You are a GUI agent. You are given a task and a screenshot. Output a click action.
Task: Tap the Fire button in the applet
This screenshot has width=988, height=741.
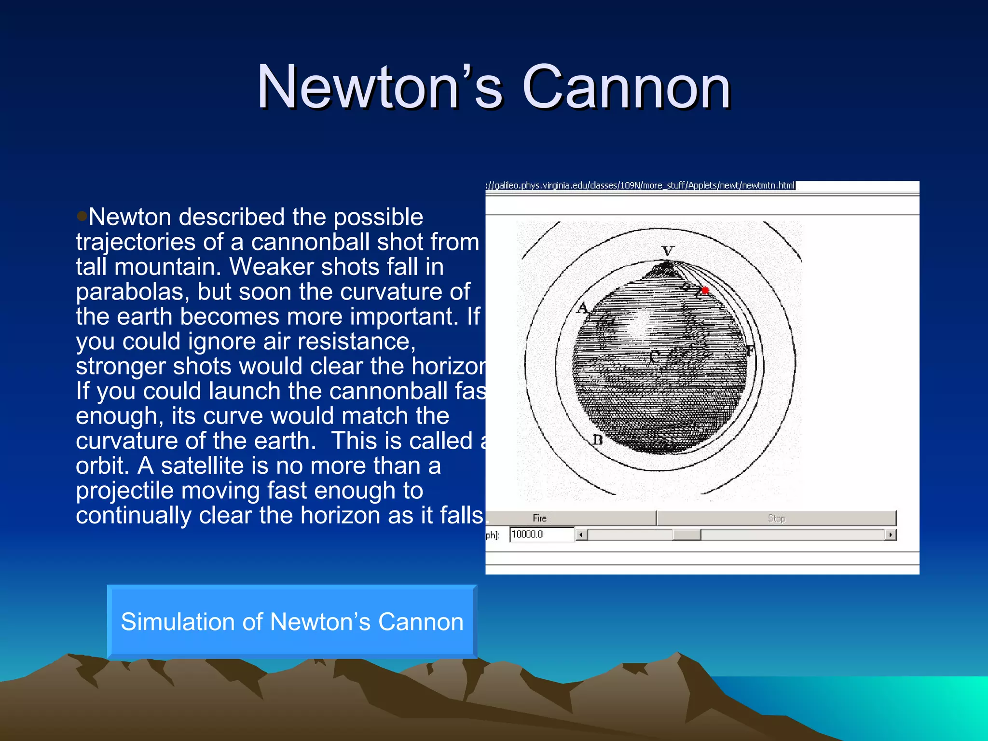(x=539, y=518)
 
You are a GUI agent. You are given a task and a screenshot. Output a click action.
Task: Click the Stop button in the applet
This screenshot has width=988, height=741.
(x=776, y=518)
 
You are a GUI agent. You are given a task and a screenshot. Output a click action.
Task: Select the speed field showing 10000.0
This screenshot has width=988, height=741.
(x=541, y=535)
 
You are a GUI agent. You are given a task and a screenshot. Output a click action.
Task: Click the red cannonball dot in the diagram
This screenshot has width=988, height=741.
(x=705, y=290)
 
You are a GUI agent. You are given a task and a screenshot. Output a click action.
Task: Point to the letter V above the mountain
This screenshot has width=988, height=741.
(x=668, y=251)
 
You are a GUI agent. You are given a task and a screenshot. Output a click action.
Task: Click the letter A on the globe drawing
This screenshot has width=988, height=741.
(x=583, y=307)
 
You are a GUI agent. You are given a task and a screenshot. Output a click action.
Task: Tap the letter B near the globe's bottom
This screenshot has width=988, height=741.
(x=597, y=439)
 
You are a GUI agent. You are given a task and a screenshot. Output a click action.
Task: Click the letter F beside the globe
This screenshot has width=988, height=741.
(x=749, y=351)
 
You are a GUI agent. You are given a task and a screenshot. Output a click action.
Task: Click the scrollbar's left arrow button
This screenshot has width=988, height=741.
(x=581, y=535)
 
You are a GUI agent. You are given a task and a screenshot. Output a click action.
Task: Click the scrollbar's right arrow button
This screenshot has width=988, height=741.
(x=891, y=535)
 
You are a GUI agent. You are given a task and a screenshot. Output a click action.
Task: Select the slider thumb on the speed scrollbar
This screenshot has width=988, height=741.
(x=686, y=535)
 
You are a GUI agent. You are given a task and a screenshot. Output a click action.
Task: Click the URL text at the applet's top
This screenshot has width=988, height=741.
(x=640, y=185)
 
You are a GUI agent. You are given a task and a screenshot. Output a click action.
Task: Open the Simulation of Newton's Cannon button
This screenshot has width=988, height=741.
(x=292, y=621)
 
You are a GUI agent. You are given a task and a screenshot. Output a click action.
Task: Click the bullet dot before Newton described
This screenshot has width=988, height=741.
(x=82, y=215)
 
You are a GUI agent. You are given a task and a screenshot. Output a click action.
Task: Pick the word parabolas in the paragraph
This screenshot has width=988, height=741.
(x=130, y=292)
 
